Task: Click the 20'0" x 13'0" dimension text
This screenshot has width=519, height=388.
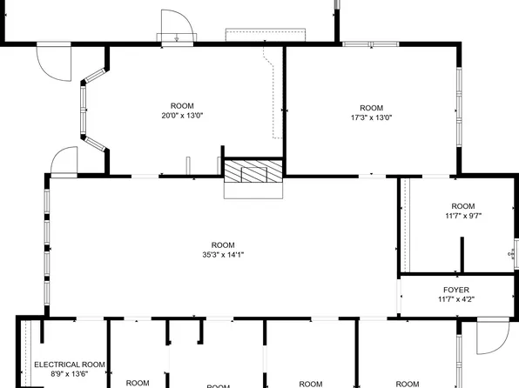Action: click(x=182, y=116)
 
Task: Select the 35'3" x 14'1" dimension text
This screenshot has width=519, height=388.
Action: click(x=223, y=255)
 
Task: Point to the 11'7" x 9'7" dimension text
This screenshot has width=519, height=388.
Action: click(x=462, y=216)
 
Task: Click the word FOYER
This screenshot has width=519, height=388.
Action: click(x=456, y=290)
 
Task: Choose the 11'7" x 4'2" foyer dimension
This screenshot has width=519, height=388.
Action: click(x=456, y=299)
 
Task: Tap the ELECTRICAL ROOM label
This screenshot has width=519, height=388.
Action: click(x=70, y=365)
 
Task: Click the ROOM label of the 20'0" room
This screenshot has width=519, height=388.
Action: click(x=182, y=106)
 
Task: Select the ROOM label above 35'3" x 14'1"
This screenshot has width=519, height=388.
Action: click(x=223, y=244)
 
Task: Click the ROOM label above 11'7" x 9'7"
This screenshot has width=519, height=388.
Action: click(x=462, y=206)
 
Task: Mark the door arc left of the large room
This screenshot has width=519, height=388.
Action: click(x=64, y=161)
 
